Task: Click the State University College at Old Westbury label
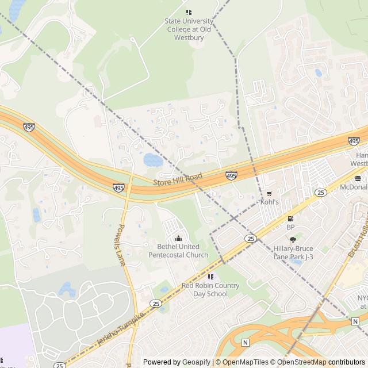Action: (189, 29)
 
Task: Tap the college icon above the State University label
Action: (189, 12)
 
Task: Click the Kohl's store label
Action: (269, 202)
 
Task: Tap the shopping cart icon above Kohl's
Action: (269, 194)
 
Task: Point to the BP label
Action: (290, 227)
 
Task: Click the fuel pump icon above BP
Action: (290, 218)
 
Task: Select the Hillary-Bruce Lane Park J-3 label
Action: (293, 253)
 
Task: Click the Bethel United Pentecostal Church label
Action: (178, 251)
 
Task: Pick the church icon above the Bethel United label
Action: (178, 239)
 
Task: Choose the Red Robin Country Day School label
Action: (210, 289)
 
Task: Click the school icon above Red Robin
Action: (210, 277)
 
